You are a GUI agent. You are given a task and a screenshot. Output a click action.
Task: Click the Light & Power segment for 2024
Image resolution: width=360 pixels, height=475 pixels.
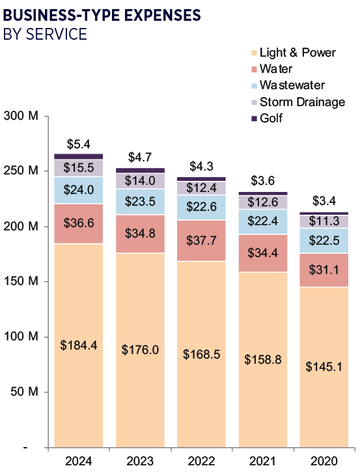click(78, 345)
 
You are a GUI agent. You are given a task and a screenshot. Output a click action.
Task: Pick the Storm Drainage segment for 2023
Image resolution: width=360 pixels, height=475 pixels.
click(140, 181)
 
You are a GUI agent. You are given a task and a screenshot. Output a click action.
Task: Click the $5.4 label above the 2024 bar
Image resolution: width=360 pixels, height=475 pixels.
click(79, 144)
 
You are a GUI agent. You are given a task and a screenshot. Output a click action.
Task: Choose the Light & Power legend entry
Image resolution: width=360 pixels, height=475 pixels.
click(293, 52)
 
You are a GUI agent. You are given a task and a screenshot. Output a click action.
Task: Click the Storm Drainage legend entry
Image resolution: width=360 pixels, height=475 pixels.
click(301, 102)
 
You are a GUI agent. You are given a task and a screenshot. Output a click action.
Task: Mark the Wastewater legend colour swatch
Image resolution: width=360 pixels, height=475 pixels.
click(253, 85)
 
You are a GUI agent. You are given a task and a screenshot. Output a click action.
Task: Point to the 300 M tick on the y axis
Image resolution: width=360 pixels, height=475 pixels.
click(21, 116)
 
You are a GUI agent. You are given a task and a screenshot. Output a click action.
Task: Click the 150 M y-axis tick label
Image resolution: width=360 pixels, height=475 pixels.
click(21, 282)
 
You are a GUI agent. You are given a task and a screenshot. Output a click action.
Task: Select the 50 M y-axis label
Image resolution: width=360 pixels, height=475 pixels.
click(25, 392)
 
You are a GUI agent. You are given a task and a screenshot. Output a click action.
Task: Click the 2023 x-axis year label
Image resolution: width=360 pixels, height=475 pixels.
click(140, 461)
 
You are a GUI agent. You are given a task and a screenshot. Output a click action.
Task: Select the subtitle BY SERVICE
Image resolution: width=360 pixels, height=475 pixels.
click(46, 34)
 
